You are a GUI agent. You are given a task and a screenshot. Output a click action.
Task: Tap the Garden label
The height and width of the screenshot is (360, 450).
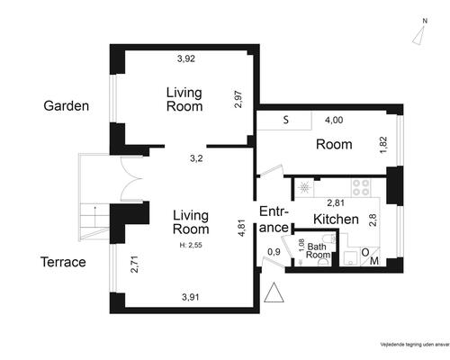pos(67,106)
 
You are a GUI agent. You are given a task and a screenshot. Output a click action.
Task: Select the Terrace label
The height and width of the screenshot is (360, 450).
pos(63,262)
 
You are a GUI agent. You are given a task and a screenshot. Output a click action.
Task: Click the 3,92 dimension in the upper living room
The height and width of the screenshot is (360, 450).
pos(186,58)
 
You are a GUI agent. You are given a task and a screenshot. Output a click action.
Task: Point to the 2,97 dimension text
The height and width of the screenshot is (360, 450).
pos(238,99)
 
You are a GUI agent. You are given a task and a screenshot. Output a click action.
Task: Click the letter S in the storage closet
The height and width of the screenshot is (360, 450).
pos(286,120)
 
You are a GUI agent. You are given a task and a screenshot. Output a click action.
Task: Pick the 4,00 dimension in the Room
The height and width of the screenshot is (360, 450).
pos(334,120)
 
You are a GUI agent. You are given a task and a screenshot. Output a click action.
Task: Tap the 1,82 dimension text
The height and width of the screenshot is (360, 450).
pos(383,145)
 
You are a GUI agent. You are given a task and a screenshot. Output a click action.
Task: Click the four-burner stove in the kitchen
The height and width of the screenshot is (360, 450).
pos(361,187)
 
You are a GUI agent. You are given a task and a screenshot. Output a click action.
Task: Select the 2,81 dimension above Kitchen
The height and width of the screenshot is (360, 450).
pos(336,203)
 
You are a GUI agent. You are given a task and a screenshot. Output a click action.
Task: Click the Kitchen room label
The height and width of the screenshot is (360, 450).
pos(336,220)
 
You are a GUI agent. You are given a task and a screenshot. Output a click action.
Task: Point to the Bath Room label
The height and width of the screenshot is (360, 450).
pos(318,251)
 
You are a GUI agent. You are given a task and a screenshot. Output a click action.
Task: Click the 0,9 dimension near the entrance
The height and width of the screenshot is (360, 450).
pos(274,252)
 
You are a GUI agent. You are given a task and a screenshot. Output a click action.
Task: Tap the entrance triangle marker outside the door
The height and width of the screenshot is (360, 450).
pos(274,292)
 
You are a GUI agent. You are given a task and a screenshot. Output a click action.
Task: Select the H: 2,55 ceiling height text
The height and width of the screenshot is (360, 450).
pos(191,245)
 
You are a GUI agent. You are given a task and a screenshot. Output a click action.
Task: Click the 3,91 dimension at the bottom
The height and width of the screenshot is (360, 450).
pos(191,297)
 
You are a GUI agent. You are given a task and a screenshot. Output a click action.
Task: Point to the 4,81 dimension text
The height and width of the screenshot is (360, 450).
pos(242,229)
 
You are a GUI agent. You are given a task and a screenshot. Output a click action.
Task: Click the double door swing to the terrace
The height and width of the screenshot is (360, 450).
pos(131,178)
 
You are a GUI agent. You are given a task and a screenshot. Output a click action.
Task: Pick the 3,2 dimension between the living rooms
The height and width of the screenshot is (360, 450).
pos(196,158)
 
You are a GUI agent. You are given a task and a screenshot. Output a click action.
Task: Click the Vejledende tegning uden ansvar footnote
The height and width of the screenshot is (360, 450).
pos(415,345)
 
